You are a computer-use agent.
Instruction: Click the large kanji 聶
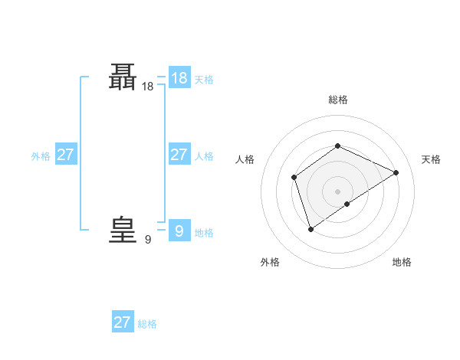(123, 77)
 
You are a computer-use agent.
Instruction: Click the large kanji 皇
(123, 230)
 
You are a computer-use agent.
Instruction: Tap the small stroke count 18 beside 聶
(147, 87)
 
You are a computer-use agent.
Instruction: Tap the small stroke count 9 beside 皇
(147, 240)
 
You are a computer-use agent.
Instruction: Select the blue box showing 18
(179, 78)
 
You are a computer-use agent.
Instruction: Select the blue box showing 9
(179, 231)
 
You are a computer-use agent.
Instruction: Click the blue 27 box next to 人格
(179, 155)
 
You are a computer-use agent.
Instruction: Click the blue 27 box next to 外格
(65, 155)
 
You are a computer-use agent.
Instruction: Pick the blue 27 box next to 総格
(123, 322)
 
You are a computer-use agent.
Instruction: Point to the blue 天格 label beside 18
(204, 80)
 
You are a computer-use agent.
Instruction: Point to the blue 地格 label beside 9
(204, 233)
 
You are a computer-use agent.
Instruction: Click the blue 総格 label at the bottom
(147, 324)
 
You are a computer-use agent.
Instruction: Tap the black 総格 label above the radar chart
(338, 100)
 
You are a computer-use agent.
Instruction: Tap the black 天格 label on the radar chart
(431, 159)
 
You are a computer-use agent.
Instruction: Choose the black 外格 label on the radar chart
(270, 262)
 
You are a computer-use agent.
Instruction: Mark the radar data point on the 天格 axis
(396, 172)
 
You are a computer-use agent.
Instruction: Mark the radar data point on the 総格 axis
(337, 146)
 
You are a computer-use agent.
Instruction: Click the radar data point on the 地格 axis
(347, 204)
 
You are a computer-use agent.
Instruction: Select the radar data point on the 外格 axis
(310, 228)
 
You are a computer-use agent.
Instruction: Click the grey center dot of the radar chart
(337, 191)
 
